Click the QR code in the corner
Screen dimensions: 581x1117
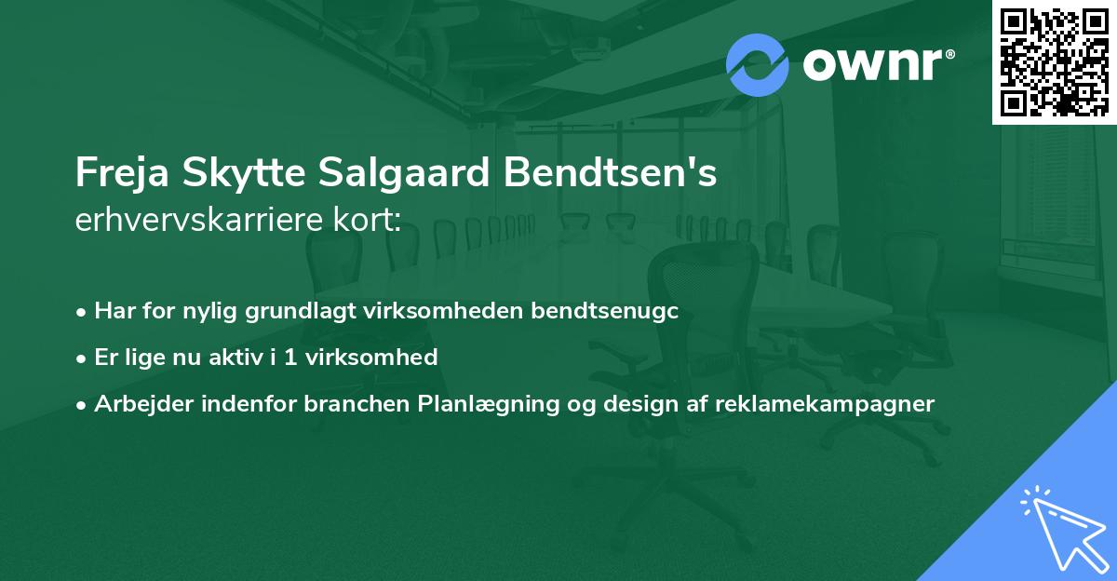click(1055, 62)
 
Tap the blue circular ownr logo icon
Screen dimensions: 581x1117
click(757, 65)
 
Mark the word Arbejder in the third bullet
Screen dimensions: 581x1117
click(140, 404)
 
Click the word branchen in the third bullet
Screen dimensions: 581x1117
click(367, 404)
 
